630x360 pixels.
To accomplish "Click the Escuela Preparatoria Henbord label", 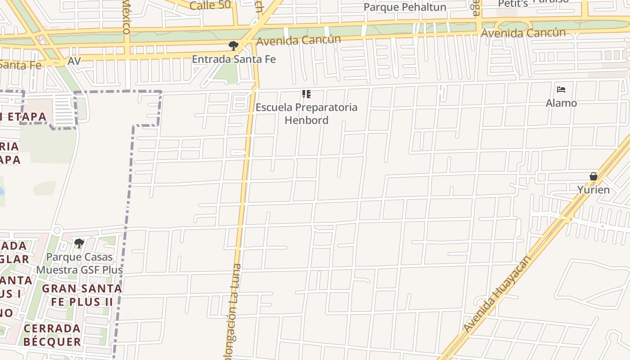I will [x=306, y=114].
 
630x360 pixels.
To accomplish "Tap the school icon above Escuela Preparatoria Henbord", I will [x=306, y=94].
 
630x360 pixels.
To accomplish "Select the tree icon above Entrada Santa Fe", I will [x=233, y=45].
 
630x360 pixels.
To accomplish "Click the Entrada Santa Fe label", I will [x=234, y=59].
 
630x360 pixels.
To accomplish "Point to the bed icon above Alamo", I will [x=561, y=89].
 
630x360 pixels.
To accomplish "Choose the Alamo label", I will [x=561, y=103].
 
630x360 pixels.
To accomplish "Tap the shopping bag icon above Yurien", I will [x=594, y=176].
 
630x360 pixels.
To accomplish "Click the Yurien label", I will [x=594, y=189].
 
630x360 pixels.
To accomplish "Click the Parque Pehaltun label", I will [x=405, y=7].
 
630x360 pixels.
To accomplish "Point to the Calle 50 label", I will [x=210, y=5].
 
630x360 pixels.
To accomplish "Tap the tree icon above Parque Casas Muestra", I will [x=79, y=243].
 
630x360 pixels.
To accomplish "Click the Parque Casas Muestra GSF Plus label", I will [x=80, y=264].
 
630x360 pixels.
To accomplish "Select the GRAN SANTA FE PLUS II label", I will [x=82, y=295].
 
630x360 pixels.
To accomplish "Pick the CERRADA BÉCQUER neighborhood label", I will [x=52, y=335].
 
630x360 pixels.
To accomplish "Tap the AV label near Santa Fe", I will [x=74, y=61].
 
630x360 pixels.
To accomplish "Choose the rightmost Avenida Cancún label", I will [x=523, y=33].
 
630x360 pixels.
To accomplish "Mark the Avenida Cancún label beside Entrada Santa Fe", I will [x=298, y=40].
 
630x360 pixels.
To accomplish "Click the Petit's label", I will [x=513, y=4].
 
